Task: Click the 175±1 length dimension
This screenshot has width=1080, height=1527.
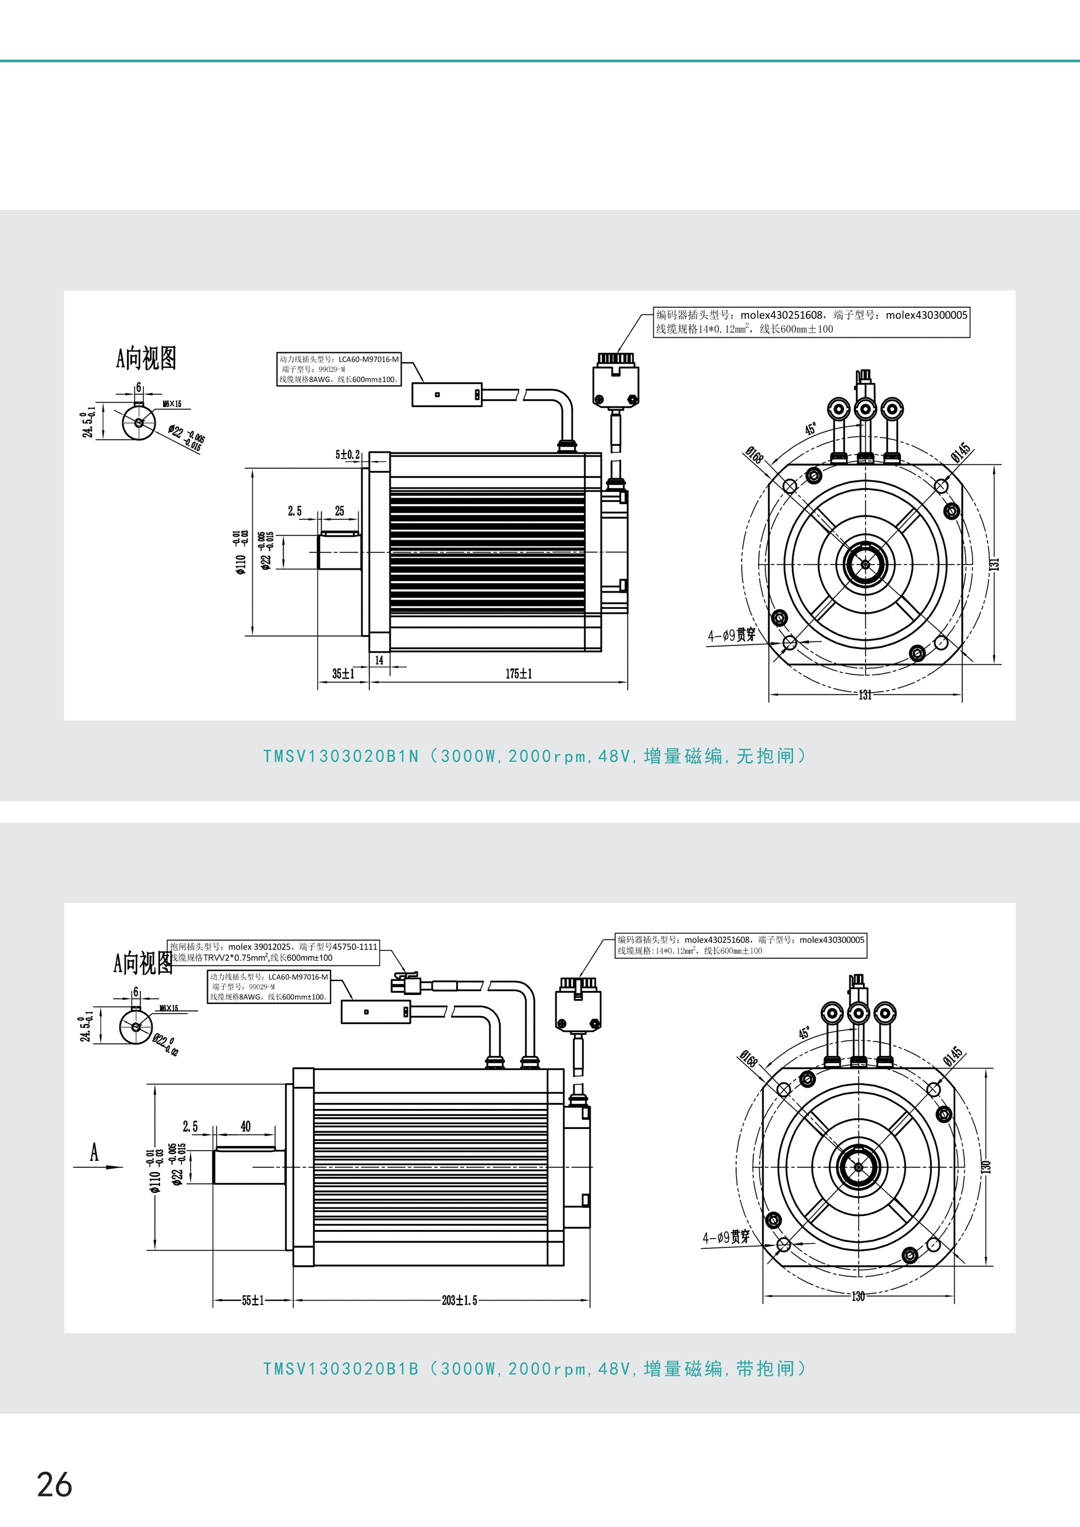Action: click(518, 674)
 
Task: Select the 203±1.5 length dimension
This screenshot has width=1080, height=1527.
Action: click(459, 1300)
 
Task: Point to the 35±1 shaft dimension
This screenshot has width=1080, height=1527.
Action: click(343, 674)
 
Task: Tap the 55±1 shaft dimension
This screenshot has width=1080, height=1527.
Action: click(253, 1300)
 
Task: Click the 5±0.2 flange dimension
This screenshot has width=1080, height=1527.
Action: click(347, 455)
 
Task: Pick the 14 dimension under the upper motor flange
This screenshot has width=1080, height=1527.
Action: click(379, 661)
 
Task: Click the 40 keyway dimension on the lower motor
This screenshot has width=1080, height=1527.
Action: click(245, 1126)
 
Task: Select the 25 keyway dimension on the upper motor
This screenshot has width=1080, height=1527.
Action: click(339, 511)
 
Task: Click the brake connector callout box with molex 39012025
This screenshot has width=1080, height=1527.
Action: click(274, 952)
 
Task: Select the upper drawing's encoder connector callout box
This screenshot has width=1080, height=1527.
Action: click(811, 322)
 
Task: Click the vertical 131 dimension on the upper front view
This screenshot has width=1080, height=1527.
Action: click(995, 563)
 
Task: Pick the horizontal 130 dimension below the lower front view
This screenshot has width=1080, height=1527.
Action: click(858, 1296)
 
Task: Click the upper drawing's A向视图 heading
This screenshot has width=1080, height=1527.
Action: click(145, 358)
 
